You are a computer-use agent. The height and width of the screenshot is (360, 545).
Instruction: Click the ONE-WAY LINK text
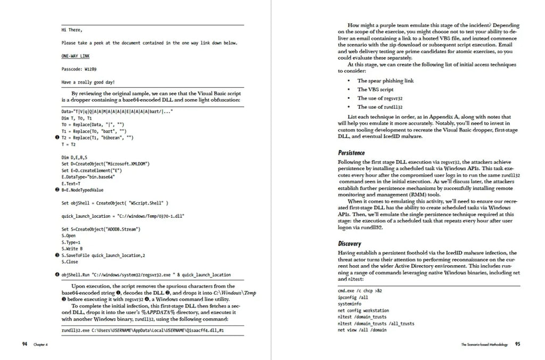76,56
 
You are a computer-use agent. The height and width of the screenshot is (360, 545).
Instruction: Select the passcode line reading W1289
79,69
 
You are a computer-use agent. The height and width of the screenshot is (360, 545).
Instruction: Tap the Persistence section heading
351,153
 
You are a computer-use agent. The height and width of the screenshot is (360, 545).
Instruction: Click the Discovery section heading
350,244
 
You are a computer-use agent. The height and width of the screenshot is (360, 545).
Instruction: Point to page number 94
25,345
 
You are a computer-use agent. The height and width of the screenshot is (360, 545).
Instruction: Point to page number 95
518,345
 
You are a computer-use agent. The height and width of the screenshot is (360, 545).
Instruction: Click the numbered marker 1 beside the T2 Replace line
57,137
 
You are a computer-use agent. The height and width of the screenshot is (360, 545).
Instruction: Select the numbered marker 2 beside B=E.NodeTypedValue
57,190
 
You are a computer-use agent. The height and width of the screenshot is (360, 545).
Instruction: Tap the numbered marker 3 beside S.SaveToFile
57,255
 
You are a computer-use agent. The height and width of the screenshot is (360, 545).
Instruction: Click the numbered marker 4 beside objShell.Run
57,275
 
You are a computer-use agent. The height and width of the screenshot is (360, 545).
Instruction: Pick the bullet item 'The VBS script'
375,89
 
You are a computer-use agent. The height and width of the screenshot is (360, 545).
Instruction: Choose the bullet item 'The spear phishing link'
385,81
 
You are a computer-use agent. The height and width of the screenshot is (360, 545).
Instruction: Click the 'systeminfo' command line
350,304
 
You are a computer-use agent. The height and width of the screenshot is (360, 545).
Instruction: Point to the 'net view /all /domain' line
362,330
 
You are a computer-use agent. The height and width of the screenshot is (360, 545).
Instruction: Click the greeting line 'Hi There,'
72,30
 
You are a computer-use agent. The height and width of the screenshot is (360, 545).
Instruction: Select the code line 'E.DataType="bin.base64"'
88,176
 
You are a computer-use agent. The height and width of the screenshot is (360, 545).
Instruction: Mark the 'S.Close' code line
70,262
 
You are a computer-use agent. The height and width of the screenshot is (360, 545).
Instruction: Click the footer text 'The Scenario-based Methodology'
484,345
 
